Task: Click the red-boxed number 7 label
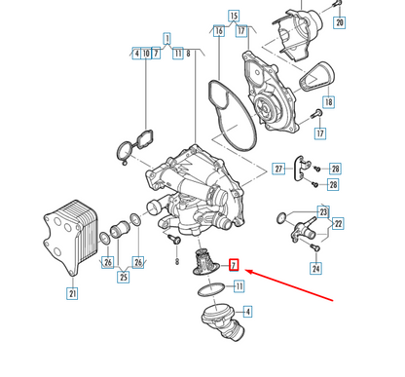point(234,265)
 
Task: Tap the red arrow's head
point(246,275)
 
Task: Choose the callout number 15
point(234,17)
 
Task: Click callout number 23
point(323,210)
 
